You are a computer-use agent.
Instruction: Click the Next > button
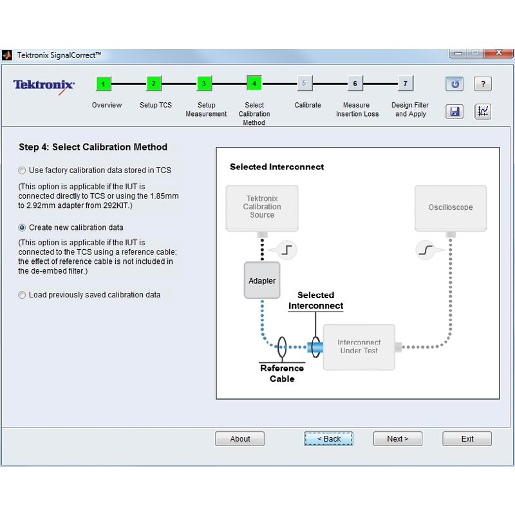[397, 439]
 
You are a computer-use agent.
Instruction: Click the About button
[239, 439]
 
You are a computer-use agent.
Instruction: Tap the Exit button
[467, 439]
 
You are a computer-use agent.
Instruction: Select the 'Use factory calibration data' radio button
[22, 171]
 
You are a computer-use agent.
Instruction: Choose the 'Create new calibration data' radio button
[22, 228]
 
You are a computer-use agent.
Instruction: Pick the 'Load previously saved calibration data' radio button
[22, 295]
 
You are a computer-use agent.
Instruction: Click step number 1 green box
[104, 84]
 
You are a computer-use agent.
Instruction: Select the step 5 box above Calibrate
[304, 84]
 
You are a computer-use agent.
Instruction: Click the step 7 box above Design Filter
[406, 84]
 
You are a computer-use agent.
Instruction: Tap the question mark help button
[483, 84]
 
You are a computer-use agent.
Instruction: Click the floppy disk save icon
[454, 111]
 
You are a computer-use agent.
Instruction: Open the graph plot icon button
[483, 111]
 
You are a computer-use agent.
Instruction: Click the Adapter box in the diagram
[262, 281]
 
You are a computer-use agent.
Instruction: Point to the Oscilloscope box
[451, 207]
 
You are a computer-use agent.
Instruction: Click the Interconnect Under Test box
[359, 347]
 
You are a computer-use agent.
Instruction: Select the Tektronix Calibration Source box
[262, 207]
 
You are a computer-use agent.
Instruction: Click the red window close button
[498, 53]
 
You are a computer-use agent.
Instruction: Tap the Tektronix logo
[44, 86]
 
